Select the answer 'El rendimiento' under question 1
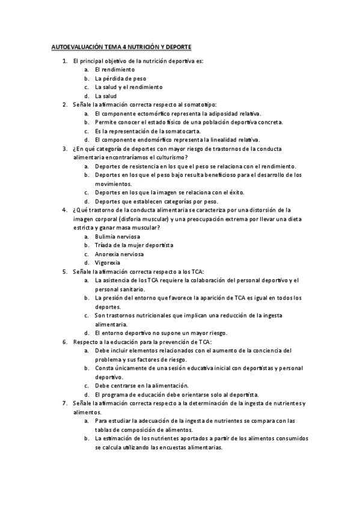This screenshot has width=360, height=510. pyautogui.click(x=114, y=69)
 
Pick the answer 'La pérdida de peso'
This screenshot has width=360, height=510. pyautogui.click(x=120, y=78)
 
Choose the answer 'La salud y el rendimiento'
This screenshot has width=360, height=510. pyautogui.click(x=129, y=87)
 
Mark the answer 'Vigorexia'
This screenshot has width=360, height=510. pyautogui.click(x=108, y=262)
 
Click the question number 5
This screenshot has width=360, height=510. pyautogui.click(x=65, y=271)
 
